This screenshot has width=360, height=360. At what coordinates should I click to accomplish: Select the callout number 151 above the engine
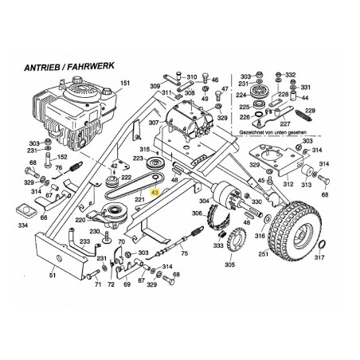pyautogui.click(x=123, y=84)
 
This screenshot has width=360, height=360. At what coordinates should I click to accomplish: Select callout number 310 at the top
pyautogui.click(x=191, y=77)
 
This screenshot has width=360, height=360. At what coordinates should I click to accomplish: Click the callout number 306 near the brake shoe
pyautogui.click(x=197, y=213)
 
